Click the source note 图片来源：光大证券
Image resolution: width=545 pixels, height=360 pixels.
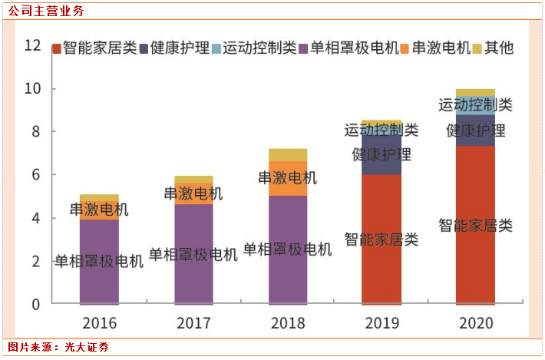point(58,348)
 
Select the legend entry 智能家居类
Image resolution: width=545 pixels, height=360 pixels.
point(94,48)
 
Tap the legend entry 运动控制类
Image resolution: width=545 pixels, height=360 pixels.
point(254,48)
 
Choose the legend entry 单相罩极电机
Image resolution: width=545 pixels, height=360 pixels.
point(348,48)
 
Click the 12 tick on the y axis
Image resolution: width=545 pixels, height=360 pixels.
point(32,45)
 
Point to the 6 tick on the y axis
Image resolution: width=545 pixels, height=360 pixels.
point(35,175)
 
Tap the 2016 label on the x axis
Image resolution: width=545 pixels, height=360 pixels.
point(99,322)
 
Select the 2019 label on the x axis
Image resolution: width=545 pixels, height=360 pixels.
point(381,322)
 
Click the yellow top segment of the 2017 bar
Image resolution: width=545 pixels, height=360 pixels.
point(193,180)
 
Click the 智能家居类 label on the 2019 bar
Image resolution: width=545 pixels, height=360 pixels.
point(381,239)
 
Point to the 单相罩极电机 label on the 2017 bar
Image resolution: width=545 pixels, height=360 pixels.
point(193,254)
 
